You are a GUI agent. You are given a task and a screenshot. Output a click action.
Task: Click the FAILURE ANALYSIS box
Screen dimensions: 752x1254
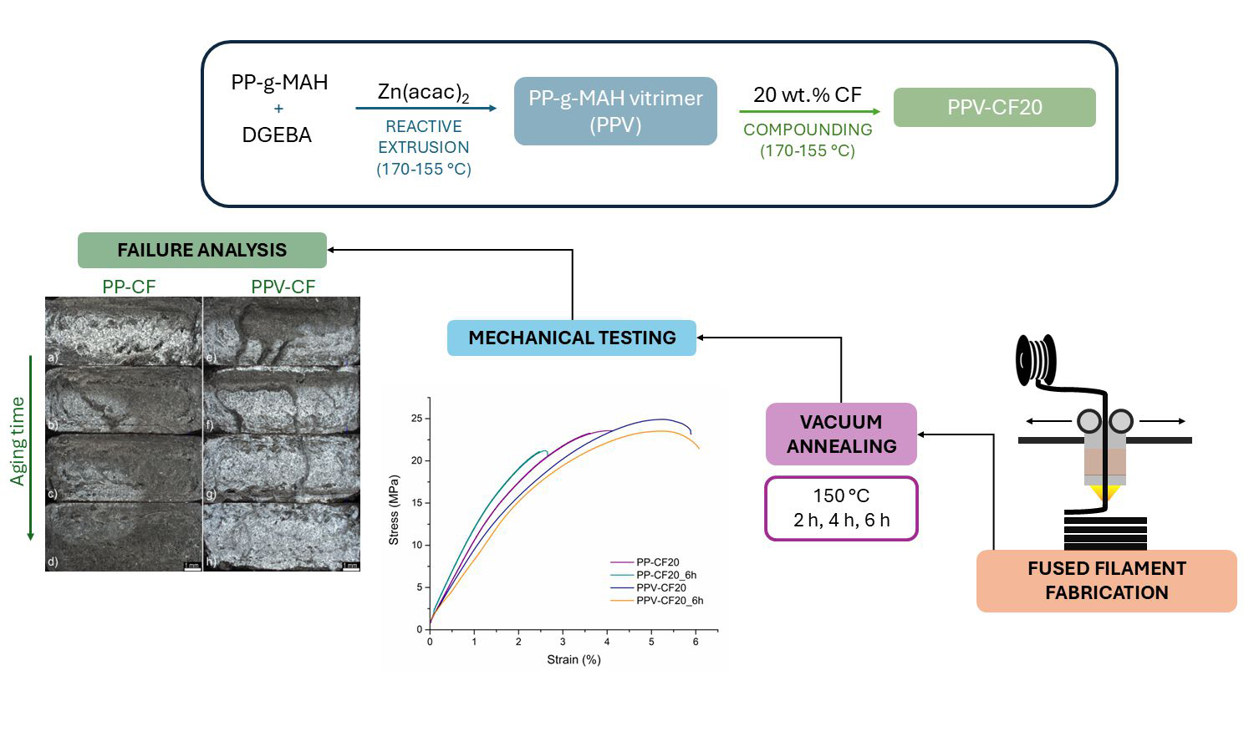pyautogui.click(x=201, y=250)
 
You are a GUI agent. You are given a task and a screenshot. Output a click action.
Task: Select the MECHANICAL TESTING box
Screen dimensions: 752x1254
pyautogui.click(x=572, y=338)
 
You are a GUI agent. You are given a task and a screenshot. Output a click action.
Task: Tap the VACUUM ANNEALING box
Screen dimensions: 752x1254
pyautogui.click(x=841, y=434)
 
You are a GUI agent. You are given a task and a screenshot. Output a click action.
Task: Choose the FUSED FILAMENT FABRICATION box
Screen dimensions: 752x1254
pyautogui.click(x=1106, y=581)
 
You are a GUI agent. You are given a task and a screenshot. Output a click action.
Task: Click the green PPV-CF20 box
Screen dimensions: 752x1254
pyautogui.click(x=994, y=108)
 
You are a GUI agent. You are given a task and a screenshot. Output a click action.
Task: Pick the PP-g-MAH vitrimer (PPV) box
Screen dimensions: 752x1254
pyautogui.click(x=615, y=111)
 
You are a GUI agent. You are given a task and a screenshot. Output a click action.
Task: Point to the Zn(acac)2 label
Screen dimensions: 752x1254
pyautogui.click(x=423, y=93)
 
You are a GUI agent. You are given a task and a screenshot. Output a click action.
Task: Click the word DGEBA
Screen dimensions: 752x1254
pyautogui.click(x=277, y=135)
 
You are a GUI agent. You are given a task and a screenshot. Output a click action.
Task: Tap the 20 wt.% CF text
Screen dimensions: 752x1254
pyautogui.click(x=807, y=94)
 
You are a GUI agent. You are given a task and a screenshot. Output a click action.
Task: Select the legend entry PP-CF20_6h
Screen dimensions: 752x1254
pyautogui.click(x=665, y=575)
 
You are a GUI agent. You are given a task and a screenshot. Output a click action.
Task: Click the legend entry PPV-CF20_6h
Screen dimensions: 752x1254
pyautogui.click(x=669, y=600)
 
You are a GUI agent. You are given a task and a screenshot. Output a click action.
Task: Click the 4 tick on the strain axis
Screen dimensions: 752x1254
pyautogui.click(x=607, y=642)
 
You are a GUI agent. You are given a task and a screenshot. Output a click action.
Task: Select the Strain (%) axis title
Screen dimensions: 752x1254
pyautogui.click(x=573, y=659)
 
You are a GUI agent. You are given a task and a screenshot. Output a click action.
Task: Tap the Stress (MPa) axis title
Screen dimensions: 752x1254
pyautogui.click(x=394, y=511)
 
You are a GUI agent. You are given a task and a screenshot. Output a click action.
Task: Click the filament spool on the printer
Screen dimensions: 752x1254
pyautogui.click(x=1035, y=360)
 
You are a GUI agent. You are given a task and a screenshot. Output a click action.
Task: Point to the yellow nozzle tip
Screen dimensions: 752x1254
pyautogui.click(x=1105, y=495)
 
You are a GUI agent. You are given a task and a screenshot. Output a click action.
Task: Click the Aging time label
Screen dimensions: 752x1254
pyautogui.click(x=18, y=441)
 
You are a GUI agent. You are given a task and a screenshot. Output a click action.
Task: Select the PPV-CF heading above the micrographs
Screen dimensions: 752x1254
pyautogui.click(x=283, y=287)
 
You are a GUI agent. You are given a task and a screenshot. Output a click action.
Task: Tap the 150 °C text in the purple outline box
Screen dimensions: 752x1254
pyautogui.click(x=841, y=495)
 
